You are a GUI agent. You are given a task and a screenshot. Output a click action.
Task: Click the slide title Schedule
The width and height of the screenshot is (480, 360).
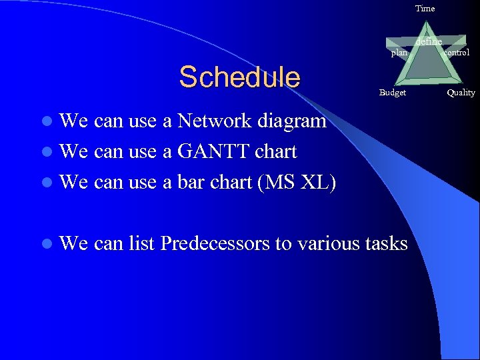click(x=239, y=77)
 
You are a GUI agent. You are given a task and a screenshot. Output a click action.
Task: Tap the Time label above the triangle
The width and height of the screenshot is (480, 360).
click(x=425, y=9)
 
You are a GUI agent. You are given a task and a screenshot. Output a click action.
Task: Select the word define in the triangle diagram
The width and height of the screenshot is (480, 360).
click(x=428, y=42)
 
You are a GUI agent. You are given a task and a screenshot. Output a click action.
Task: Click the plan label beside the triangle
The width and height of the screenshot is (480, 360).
click(x=399, y=53)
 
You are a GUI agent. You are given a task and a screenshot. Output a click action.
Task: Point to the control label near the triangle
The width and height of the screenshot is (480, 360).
click(x=456, y=52)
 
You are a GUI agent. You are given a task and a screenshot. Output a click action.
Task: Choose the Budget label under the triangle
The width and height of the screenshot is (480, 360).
click(x=392, y=93)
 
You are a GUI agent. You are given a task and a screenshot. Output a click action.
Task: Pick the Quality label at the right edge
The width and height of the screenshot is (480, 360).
click(x=461, y=93)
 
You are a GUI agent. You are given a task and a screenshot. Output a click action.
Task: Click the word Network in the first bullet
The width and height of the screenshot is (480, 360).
click(x=214, y=121)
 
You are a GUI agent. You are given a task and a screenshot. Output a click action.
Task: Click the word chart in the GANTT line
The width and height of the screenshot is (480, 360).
click(x=275, y=152)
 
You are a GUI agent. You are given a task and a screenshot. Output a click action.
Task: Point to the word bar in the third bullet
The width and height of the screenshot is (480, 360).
click(x=191, y=182)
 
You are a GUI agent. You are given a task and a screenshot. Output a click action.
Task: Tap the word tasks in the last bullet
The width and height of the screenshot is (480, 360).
click(x=387, y=244)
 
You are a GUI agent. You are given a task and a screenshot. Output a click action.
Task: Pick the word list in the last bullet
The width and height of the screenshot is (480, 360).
click(x=143, y=244)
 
